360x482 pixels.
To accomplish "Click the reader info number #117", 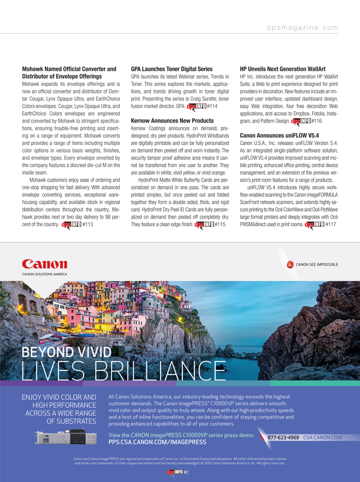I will [x=332, y=224].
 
